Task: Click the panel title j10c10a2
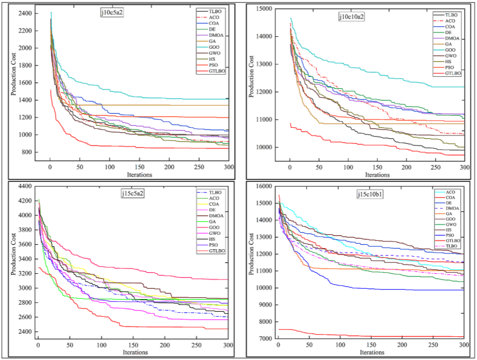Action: click(351, 16)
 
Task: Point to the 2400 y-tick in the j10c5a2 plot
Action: click(24, 13)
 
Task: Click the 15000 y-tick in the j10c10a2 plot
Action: click(265, 8)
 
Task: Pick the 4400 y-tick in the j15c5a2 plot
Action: click(24, 186)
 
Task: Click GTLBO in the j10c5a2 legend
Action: click(218, 71)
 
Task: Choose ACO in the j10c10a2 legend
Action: click(453, 21)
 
